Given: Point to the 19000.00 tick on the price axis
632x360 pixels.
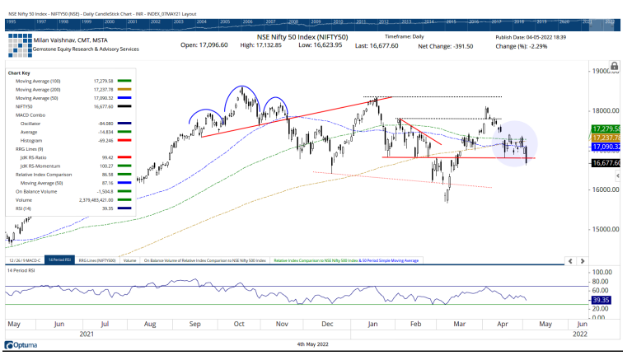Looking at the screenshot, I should point(605,72).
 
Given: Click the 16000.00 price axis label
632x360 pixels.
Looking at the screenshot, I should point(605,189).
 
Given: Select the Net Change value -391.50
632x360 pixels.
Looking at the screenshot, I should point(456,46).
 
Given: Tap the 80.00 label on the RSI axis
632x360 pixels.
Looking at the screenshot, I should point(604,281).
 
